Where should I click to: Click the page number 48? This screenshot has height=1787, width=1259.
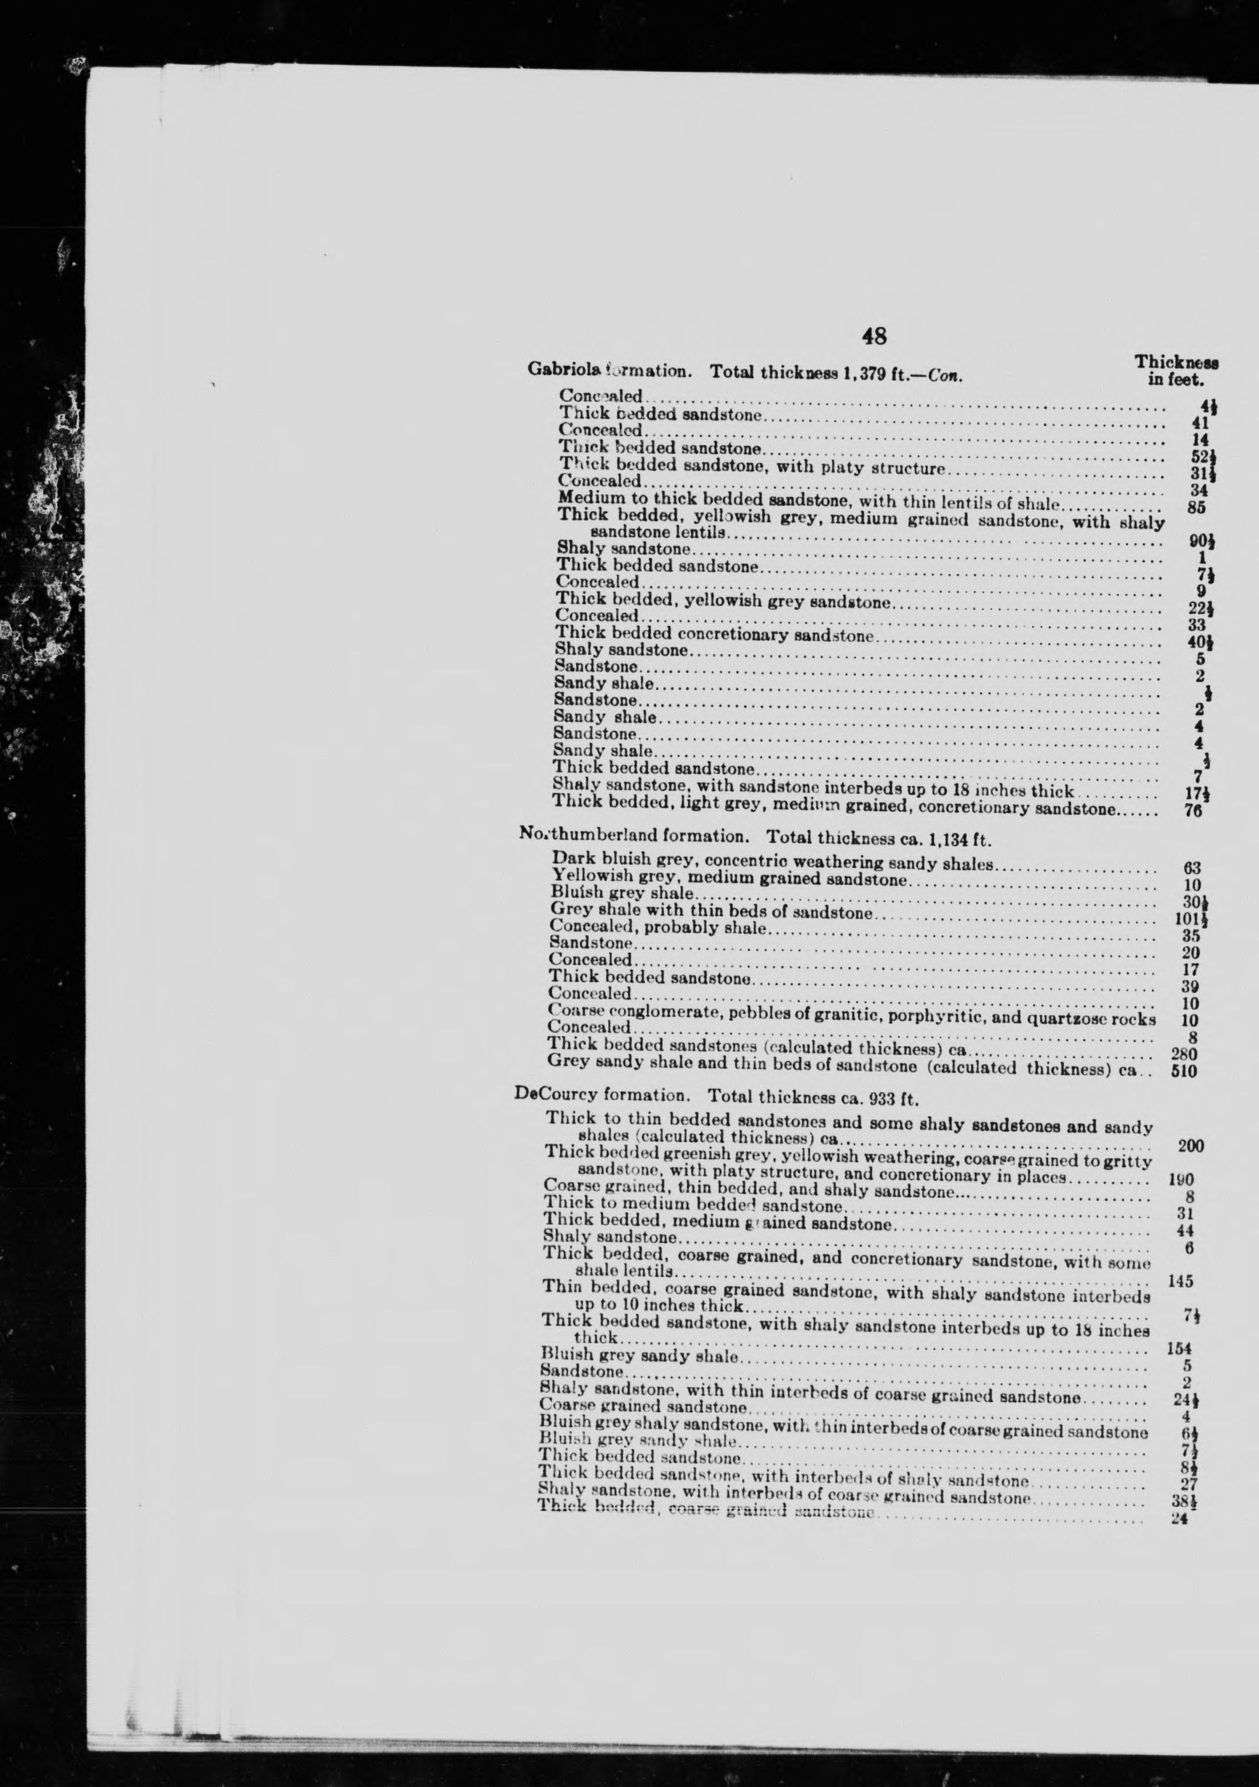[x=873, y=336]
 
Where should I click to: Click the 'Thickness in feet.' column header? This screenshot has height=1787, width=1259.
[x=1176, y=371]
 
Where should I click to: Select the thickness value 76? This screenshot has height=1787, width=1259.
[x=1194, y=810]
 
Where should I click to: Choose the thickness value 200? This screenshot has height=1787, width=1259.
[x=1190, y=1145]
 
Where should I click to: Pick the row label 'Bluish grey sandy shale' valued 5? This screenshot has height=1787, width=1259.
[x=639, y=1357]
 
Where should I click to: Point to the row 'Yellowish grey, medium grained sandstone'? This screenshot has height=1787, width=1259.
[x=728, y=879]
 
